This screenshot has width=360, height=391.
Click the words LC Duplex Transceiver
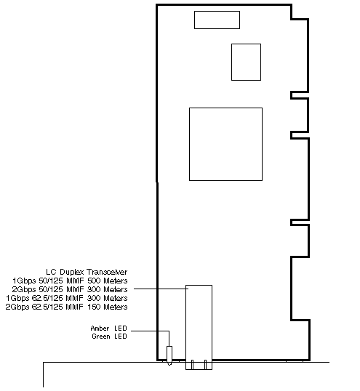pyautogui.click(x=87, y=272)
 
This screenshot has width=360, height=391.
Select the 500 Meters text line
pyautogui.click(x=70, y=281)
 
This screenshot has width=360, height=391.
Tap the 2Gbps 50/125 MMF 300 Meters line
pyautogui.click(x=70, y=289)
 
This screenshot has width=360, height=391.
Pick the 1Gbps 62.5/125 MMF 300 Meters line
pyautogui.click(x=67, y=298)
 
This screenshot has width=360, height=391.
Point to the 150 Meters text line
pyautogui.click(x=66, y=307)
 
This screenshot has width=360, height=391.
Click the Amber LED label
pyautogui.click(x=109, y=328)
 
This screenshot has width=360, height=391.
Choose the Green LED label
pyautogui.click(x=110, y=336)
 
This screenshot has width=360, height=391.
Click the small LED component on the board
pyautogui.click(x=169, y=355)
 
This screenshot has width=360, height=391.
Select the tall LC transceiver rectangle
pyautogui.click(x=199, y=327)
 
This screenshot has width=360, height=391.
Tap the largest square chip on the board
pyautogui.click(x=225, y=144)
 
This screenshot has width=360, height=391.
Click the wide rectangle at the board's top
pyautogui.click(x=217, y=20)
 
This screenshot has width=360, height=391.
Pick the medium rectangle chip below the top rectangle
pyautogui.click(x=247, y=62)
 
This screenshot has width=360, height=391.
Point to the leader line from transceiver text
pyautogui.click(x=161, y=289)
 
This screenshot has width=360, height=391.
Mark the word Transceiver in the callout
pyautogui.click(x=107, y=272)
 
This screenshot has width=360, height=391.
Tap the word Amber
pyautogui.click(x=100, y=328)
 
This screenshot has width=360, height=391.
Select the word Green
pyautogui.click(x=101, y=336)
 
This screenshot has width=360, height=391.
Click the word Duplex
pyautogui.click(x=72, y=272)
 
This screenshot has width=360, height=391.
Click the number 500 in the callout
pyautogui.click(x=94, y=281)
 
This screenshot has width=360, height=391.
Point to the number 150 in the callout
pyautogui.click(x=94, y=307)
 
